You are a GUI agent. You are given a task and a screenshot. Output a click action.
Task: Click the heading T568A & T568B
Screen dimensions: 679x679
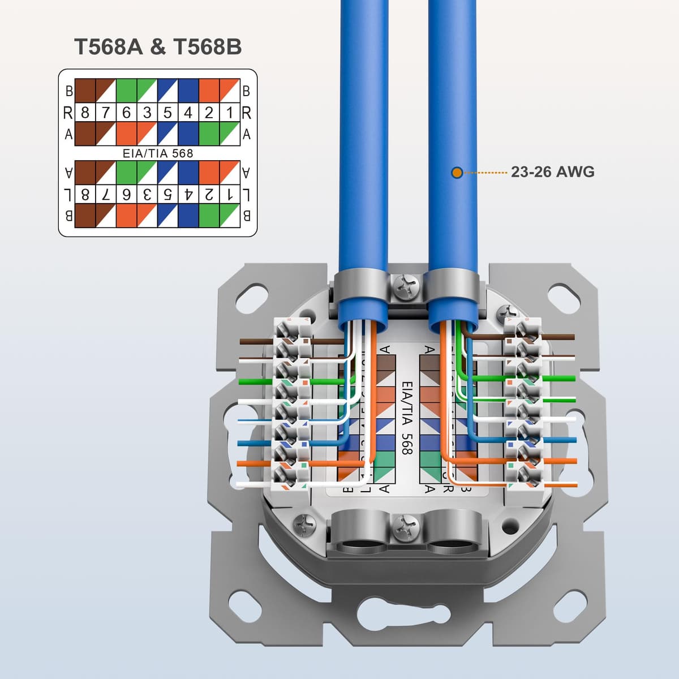coord(158,46)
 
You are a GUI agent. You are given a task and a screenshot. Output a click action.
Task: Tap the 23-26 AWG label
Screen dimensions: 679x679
coord(552,171)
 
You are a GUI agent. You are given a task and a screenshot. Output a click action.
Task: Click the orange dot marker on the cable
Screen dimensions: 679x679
coord(457,172)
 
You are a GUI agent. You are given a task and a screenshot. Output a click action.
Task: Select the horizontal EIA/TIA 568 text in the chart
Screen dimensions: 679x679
coord(158,153)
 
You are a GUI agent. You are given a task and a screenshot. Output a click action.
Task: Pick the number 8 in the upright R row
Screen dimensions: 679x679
coord(85,113)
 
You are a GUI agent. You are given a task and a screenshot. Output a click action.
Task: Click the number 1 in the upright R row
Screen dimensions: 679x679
coord(230,113)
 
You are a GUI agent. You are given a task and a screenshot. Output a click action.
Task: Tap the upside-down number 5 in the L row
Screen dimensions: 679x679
coord(167,195)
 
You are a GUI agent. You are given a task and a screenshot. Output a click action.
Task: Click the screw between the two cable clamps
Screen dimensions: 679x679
coord(407,287)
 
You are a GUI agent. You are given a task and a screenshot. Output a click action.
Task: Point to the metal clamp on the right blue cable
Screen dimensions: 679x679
coord(453,289)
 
